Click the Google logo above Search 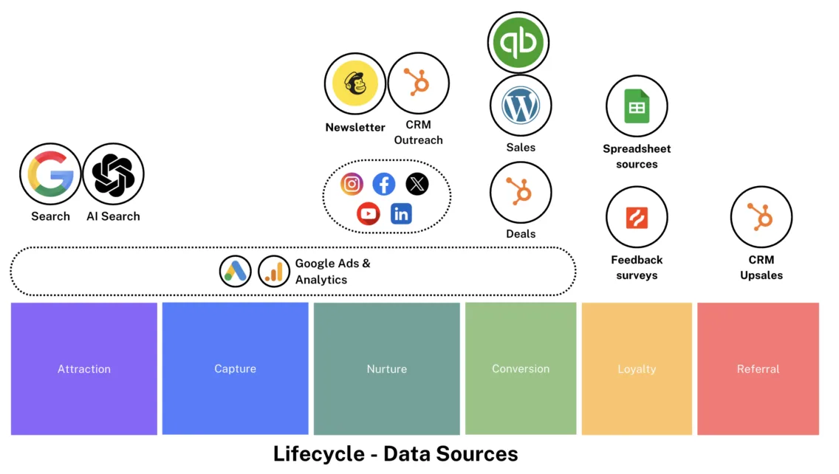[x=50, y=174]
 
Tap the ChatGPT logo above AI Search [x=113, y=174]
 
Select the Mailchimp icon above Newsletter [x=355, y=83]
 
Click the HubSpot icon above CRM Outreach [x=418, y=83]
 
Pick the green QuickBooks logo [x=519, y=43]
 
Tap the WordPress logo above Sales [x=521, y=106]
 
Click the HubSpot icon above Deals [x=521, y=193]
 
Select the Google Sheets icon [x=637, y=106]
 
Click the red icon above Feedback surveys [x=637, y=217]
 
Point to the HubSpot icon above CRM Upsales [x=761, y=217]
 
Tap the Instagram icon [x=352, y=184]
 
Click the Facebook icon [x=384, y=184]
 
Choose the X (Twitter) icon [x=417, y=184]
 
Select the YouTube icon [x=368, y=214]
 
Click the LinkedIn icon [x=401, y=214]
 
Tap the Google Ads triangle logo [x=236, y=272]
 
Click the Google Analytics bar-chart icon [x=274, y=272]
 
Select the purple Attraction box [x=84, y=368]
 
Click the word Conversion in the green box [x=521, y=368]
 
